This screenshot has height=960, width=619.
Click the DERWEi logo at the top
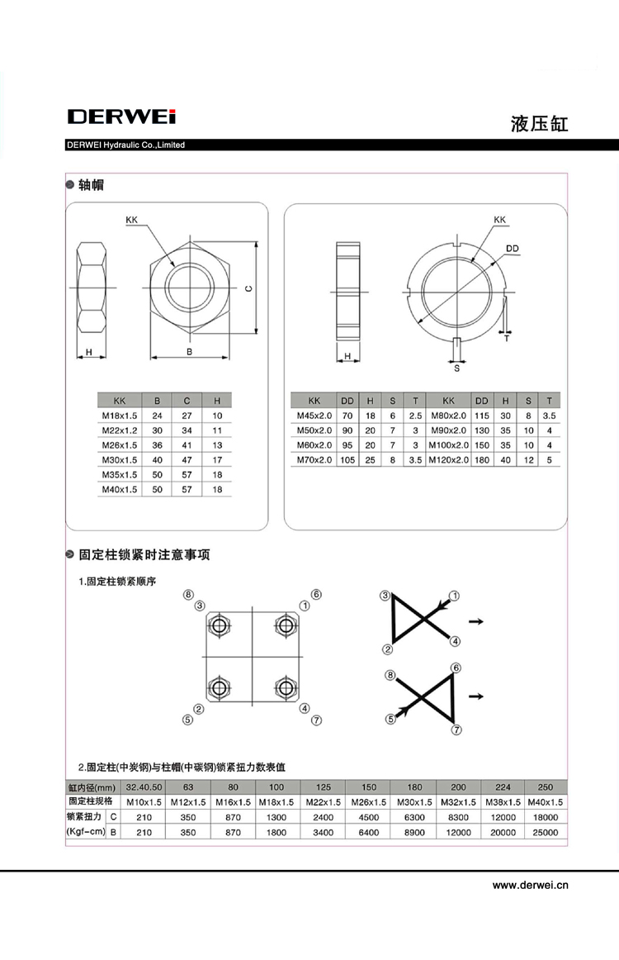coord(121,116)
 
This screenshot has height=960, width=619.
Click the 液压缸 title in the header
coord(539,124)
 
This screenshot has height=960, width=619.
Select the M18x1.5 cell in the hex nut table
coord(119,415)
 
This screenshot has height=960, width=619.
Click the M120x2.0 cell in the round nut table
coord(448,460)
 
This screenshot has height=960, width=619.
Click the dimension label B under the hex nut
coord(189,352)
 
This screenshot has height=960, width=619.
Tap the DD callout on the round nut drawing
coord(512,248)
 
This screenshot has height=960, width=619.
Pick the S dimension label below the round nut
coord(456,368)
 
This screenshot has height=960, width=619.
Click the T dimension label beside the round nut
coord(507,338)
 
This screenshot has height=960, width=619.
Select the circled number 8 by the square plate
coord(188,595)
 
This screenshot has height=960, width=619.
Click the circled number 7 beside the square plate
coord(315,720)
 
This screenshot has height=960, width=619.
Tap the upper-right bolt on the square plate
coord(286,625)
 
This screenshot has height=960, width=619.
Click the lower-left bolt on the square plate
coord(220,687)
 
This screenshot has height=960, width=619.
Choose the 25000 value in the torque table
coord(545,832)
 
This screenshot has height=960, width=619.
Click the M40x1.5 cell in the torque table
coord(545,801)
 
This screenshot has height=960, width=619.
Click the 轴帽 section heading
coord(91,185)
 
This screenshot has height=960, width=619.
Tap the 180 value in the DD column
coord(482,460)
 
